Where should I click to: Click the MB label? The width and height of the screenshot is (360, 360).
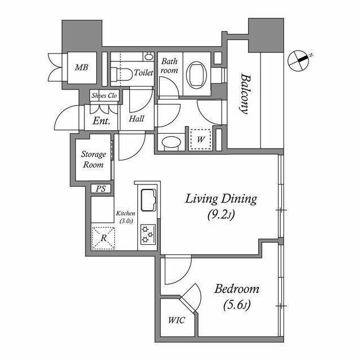point(82,67)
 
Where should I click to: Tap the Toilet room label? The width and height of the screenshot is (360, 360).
point(143,73)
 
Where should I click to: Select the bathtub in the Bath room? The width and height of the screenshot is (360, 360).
point(197,74)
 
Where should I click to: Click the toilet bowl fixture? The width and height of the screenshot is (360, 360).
point(121,74)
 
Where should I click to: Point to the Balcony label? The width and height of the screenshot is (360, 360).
point(245,93)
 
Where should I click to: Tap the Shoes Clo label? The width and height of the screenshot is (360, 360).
point(104,96)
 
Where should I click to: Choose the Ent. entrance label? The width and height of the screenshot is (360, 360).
point(101,121)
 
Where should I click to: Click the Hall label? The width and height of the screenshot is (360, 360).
point(137,119)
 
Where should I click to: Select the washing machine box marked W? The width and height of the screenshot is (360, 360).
point(200,139)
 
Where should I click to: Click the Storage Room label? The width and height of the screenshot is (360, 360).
point(93,159)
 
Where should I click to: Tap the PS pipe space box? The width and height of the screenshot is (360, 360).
point(101,189)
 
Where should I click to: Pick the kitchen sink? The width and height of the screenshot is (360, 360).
point(148,200)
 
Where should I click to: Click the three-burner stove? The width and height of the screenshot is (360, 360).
point(148,234)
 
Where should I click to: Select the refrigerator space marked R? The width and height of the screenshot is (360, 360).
point(103,238)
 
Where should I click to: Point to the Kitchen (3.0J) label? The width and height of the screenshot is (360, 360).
point(125,217)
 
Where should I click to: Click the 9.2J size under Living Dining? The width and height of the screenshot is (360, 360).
point(221,215)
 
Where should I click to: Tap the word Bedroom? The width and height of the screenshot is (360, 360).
point(237,289)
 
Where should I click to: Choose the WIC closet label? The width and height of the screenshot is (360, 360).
point(176,320)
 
